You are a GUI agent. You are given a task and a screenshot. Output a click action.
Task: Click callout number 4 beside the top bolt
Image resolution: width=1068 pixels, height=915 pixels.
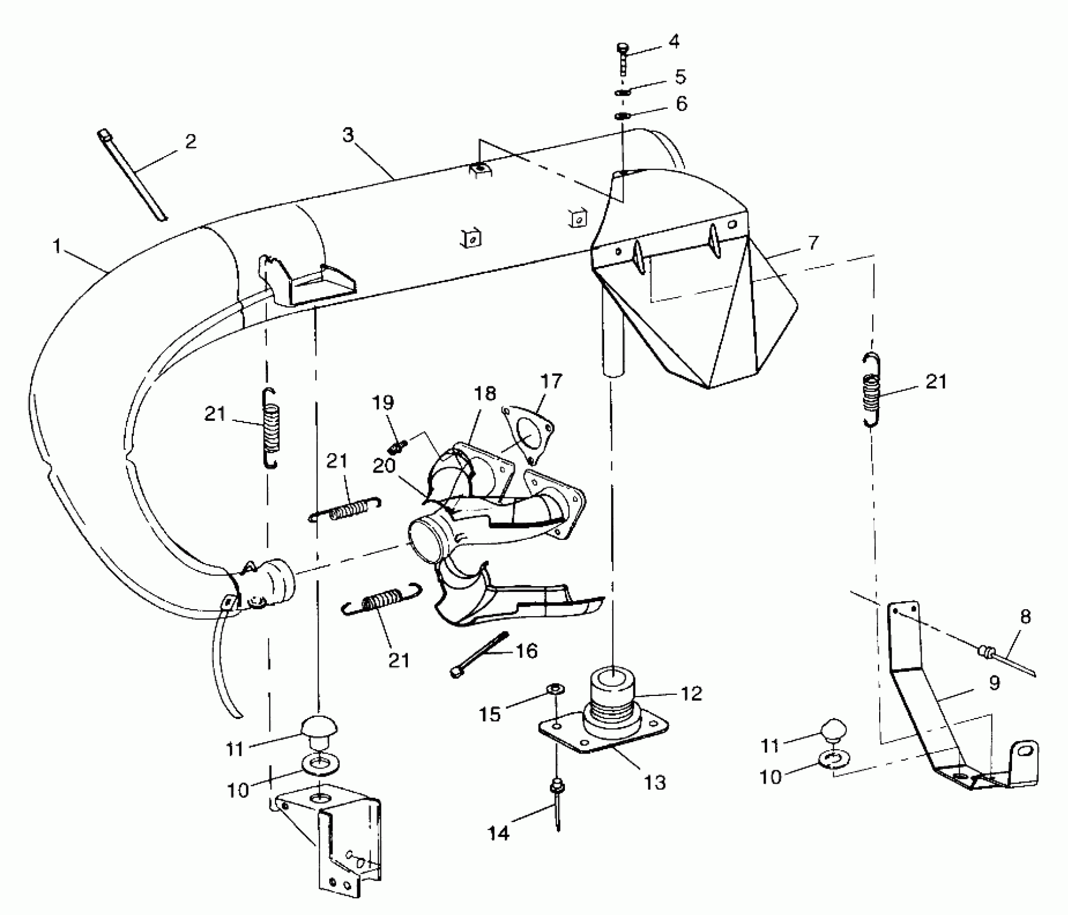coord(674,41)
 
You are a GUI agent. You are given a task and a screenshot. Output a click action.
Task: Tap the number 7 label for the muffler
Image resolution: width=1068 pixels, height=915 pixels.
coord(813,243)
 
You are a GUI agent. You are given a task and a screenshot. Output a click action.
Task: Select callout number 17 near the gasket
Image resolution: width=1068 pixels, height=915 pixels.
coord(551,381)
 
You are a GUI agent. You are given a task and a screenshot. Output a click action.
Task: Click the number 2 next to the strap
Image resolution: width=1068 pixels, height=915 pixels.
coord(190,142)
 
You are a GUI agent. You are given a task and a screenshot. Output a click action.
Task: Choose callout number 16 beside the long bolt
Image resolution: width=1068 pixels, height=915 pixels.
coord(526,651)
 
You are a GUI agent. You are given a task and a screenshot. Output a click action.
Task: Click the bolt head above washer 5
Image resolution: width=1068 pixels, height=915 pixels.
coord(623,49)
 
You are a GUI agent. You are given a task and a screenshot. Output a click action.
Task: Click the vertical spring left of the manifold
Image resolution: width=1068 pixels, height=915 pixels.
coord(270,427)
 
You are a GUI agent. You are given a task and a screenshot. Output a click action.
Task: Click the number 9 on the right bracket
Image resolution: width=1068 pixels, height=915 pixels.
coord(994,683)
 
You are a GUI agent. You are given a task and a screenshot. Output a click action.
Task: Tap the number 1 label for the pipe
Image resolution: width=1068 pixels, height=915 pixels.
coord(57,247)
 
